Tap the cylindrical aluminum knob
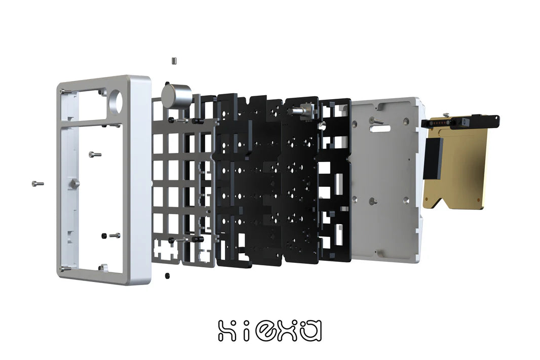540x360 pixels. click(176, 96)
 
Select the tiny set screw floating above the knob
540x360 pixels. click(174, 61)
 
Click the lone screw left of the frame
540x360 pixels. click(37, 183)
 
